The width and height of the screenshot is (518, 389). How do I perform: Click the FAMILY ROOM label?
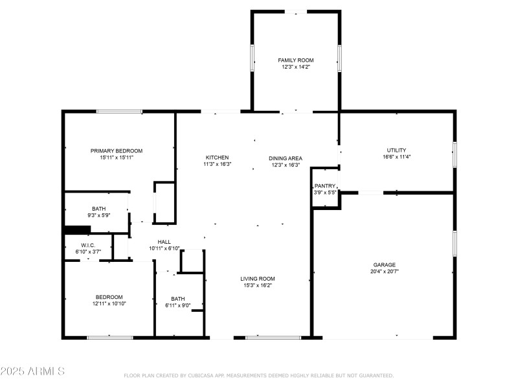click(295, 60)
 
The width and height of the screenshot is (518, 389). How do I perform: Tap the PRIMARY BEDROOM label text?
click(117, 150)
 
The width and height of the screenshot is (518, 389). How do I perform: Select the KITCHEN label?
click(218, 158)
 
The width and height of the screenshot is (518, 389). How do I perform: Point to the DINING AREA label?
click(286, 158)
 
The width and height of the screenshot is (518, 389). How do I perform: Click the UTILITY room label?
click(396, 150)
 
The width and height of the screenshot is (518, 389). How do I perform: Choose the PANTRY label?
click(325, 186)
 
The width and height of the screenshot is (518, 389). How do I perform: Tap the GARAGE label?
click(384, 265)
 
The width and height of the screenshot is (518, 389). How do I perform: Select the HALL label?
click(164, 241)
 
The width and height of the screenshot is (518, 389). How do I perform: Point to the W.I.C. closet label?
click(88, 244)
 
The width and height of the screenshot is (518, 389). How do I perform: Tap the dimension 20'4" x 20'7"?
click(384, 272)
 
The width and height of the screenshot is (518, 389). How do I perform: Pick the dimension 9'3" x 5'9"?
click(98, 215)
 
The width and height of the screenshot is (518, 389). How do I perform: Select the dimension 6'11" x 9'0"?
click(178, 305)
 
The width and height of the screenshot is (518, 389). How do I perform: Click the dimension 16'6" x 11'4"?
click(396, 156)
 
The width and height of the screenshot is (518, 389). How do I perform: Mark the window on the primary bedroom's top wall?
click(120, 112)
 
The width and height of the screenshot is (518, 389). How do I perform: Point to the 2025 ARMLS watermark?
click(32, 371)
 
